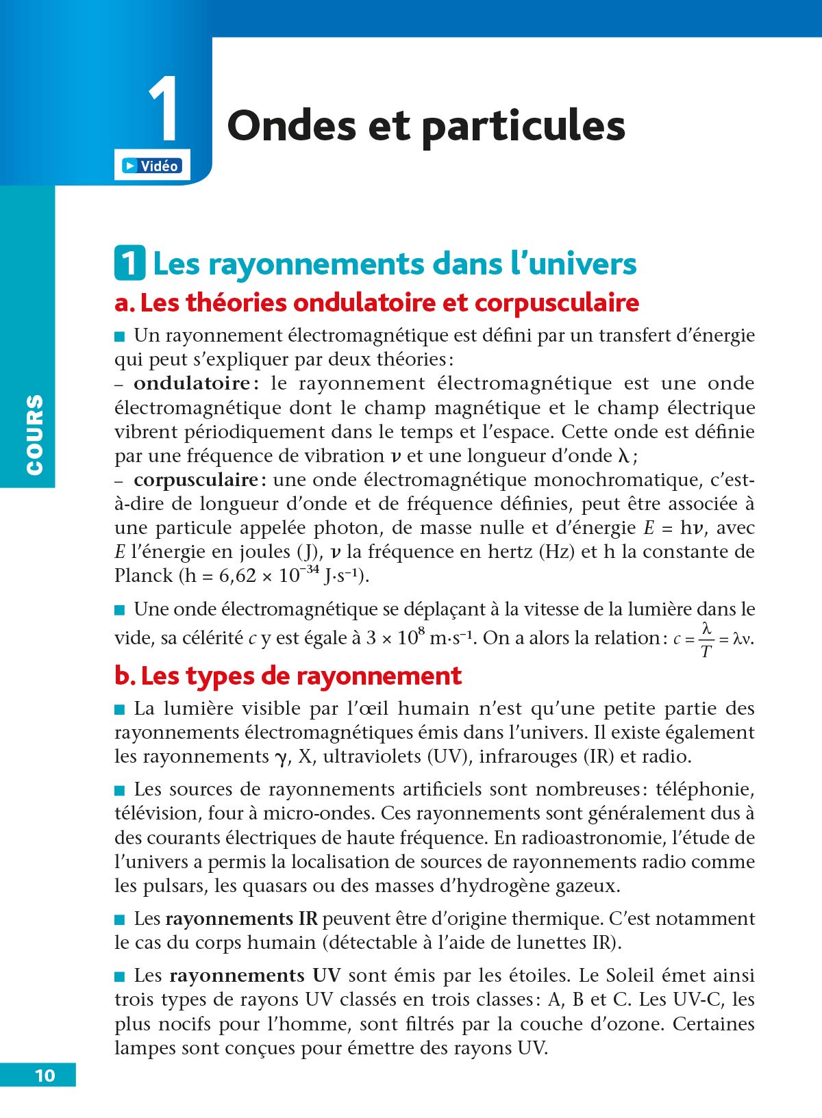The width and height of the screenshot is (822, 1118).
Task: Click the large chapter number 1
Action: pyautogui.click(x=164, y=110)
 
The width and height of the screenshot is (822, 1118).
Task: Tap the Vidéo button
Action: pyautogui.click(x=151, y=166)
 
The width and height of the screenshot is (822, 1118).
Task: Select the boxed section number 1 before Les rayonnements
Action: pyautogui.click(x=129, y=264)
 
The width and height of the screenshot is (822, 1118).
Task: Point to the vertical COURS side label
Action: pyautogui.click(x=34, y=435)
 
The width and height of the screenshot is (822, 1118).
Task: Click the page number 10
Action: pyautogui.click(x=45, y=1076)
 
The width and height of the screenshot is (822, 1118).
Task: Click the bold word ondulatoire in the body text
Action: pyautogui.click(x=191, y=383)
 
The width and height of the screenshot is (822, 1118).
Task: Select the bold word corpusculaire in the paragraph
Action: pyautogui.click(x=195, y=480)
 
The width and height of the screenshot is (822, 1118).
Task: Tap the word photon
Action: pyautogui.click(x=345, y=528)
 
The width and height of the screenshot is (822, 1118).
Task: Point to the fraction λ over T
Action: pyautogui.click(x=706, y=639)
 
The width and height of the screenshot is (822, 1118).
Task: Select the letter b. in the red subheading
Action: pyautogui.click(x=125, y=676)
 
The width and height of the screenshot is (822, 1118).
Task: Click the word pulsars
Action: pyautogui.click(x=182, y=886)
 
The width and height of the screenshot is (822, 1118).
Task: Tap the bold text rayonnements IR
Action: pyautogui.click(x=241, y=919)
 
